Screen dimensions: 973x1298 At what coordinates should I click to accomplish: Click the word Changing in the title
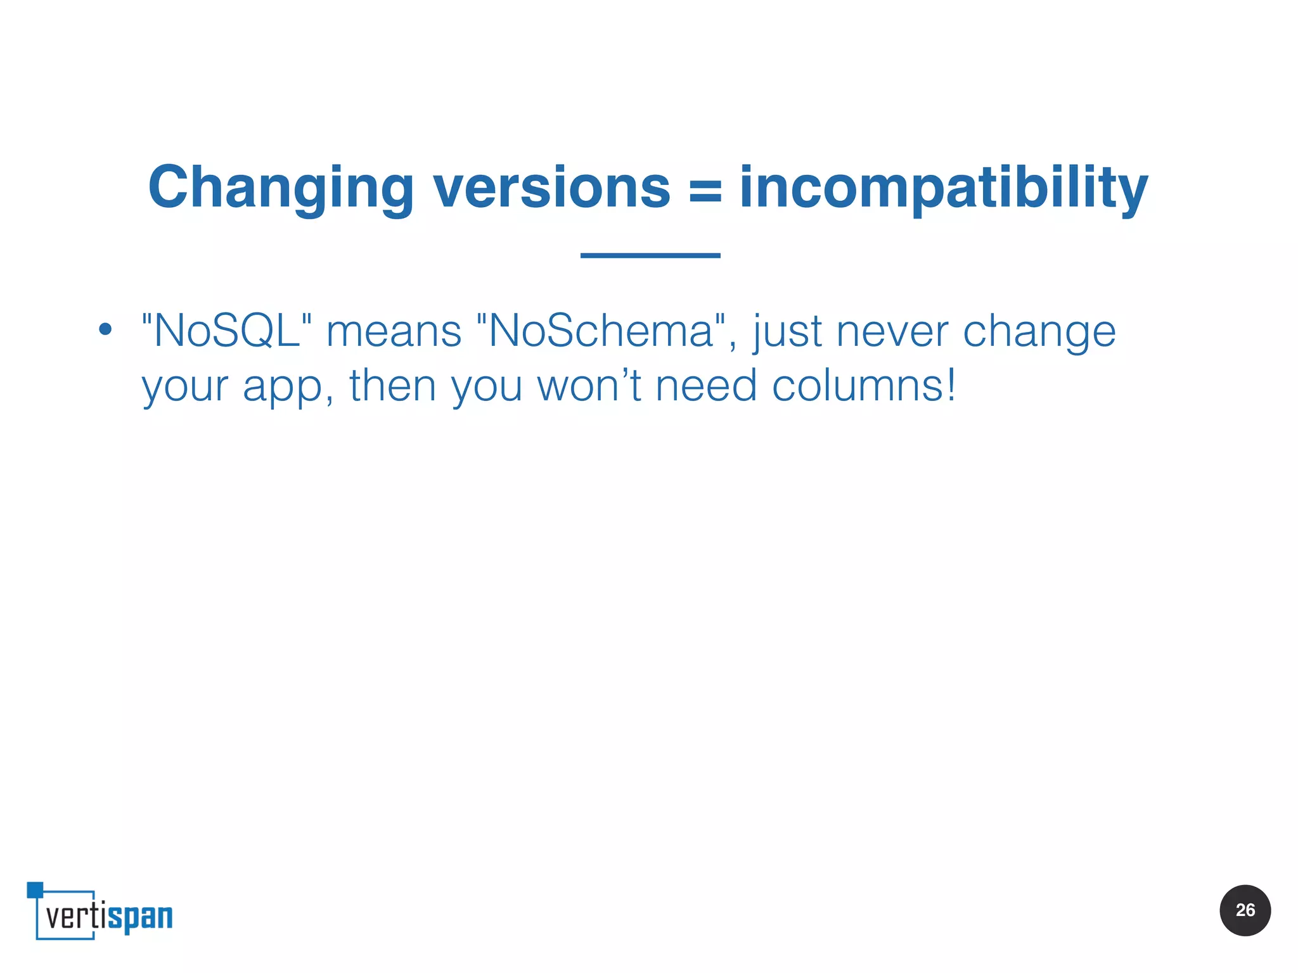[x=281, y=188]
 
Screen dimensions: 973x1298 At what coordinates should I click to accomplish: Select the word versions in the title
[x=551, y=188]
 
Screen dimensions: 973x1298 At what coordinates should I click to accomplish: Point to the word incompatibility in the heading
[x=944, y=188]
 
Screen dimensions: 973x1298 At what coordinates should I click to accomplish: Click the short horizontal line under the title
[x=650, y=255]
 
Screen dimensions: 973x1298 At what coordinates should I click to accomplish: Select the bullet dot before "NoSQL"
[x=105, y=329]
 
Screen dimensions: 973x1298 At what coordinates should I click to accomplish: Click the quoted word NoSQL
[x=227, y=331]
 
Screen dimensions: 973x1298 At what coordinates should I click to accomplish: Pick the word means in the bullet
[x=394, y=331]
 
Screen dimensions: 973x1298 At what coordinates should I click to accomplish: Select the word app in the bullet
[x=283, y=386]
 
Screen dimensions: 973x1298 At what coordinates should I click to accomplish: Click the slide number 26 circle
[x=1245, y=910]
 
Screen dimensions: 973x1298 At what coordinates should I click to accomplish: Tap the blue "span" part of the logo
[x=140, y=917]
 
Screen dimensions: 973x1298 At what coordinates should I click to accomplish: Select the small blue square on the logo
[x=35, y=889]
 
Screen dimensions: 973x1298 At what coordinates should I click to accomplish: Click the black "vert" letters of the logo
[x=68, y=916]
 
